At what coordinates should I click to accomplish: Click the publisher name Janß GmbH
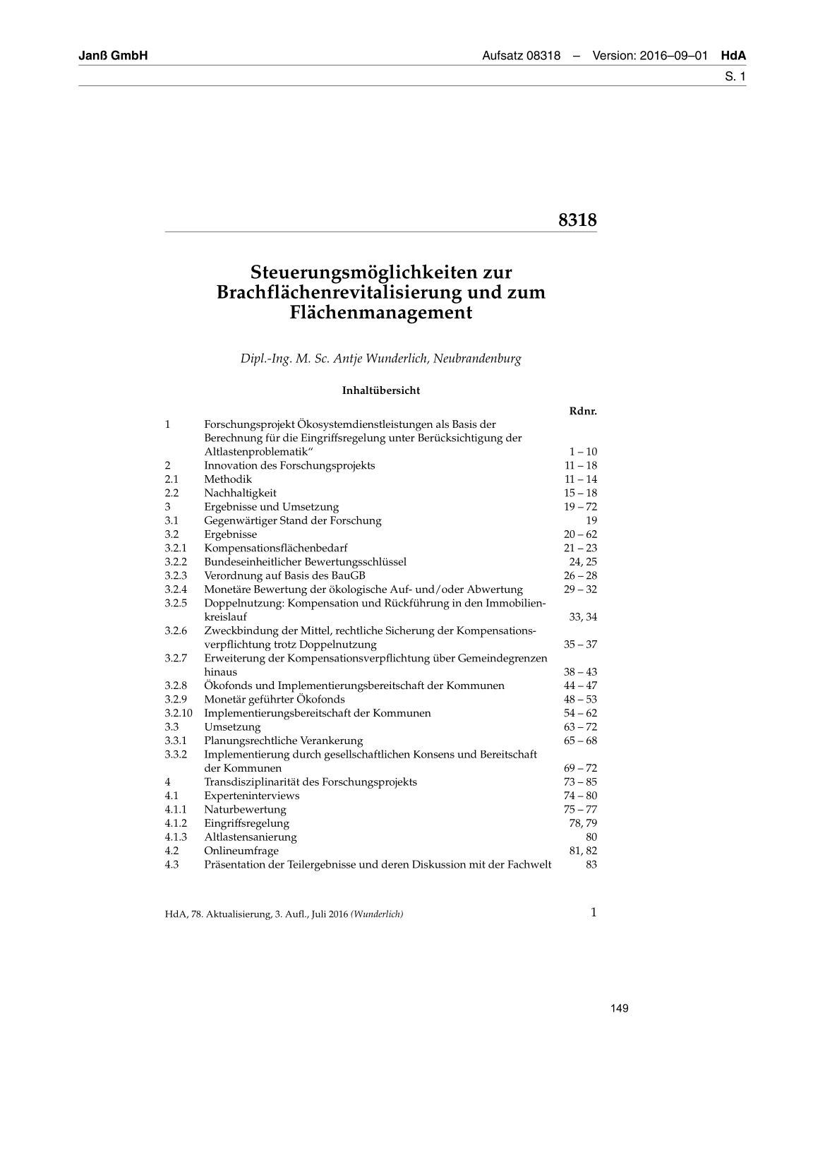[113, 56]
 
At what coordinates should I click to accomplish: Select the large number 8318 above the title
[577, 220]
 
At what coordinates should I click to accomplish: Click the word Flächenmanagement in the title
[380, 313]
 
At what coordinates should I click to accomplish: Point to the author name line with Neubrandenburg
[380, 359]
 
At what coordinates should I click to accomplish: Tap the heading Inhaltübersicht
[381, 390]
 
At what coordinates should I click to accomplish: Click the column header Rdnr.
[582, 411]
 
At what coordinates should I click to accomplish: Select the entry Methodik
[228, 479]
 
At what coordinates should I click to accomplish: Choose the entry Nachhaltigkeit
[240, 493]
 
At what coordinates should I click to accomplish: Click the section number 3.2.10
[179, 713]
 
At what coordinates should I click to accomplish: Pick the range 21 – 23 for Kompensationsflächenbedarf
[580, 548]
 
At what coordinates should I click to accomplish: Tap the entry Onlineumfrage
[241, 851]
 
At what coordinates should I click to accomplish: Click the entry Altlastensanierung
[251, 837]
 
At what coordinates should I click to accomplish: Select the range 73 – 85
[580, 782]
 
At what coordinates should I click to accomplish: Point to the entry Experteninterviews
[252, 796]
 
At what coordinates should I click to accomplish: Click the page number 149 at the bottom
[619, 1008]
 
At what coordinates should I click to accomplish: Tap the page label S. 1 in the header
[735, 76]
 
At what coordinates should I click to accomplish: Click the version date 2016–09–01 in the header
[673, 56]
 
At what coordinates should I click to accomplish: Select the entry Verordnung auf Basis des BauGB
[284, 575]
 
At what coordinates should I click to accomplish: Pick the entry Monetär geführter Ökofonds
[275, 700]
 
